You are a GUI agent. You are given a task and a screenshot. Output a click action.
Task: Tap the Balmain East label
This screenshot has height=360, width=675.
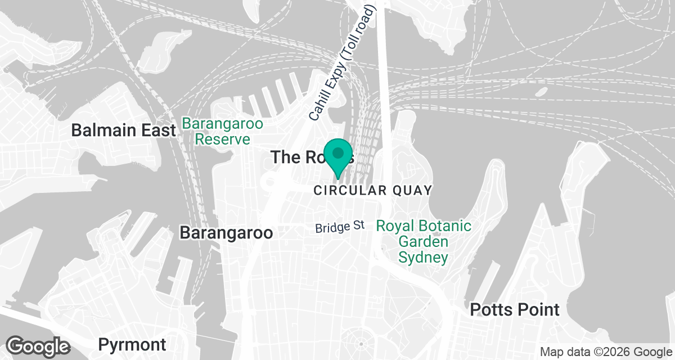point(123,130)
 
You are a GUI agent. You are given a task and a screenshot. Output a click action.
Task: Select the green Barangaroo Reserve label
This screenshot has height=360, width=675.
point(222,131)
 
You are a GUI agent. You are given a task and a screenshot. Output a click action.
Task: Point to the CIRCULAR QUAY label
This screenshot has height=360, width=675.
point(372,190)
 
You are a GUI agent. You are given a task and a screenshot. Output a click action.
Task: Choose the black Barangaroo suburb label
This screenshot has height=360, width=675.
point(226,233)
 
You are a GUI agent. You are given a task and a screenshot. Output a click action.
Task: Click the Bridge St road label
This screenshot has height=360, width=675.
point(340,227)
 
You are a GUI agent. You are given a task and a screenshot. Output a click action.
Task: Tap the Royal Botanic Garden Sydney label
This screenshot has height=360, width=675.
point(424,242)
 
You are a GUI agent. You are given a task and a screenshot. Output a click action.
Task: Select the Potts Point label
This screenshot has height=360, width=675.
point(515,309)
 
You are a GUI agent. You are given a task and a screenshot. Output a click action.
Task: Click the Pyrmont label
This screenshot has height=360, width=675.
point(132,344)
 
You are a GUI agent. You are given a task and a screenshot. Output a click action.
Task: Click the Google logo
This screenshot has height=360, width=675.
point(38,345)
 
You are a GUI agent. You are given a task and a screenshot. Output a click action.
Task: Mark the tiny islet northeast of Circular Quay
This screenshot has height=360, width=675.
point(541,91)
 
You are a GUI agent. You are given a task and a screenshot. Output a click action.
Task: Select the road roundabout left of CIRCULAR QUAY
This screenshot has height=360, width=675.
point(270,182)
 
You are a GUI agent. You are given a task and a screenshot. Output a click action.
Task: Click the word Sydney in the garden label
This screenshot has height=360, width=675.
point(424,258)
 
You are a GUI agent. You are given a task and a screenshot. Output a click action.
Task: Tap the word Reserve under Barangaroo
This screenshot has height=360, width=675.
point(222,139)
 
